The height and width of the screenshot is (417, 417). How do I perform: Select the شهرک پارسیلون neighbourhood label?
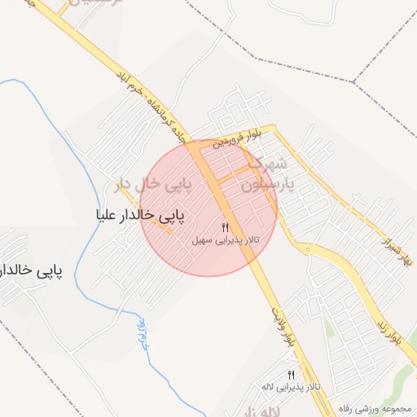[x=266, y=176]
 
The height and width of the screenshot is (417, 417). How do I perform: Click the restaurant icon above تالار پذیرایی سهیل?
[x=225, y=226]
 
